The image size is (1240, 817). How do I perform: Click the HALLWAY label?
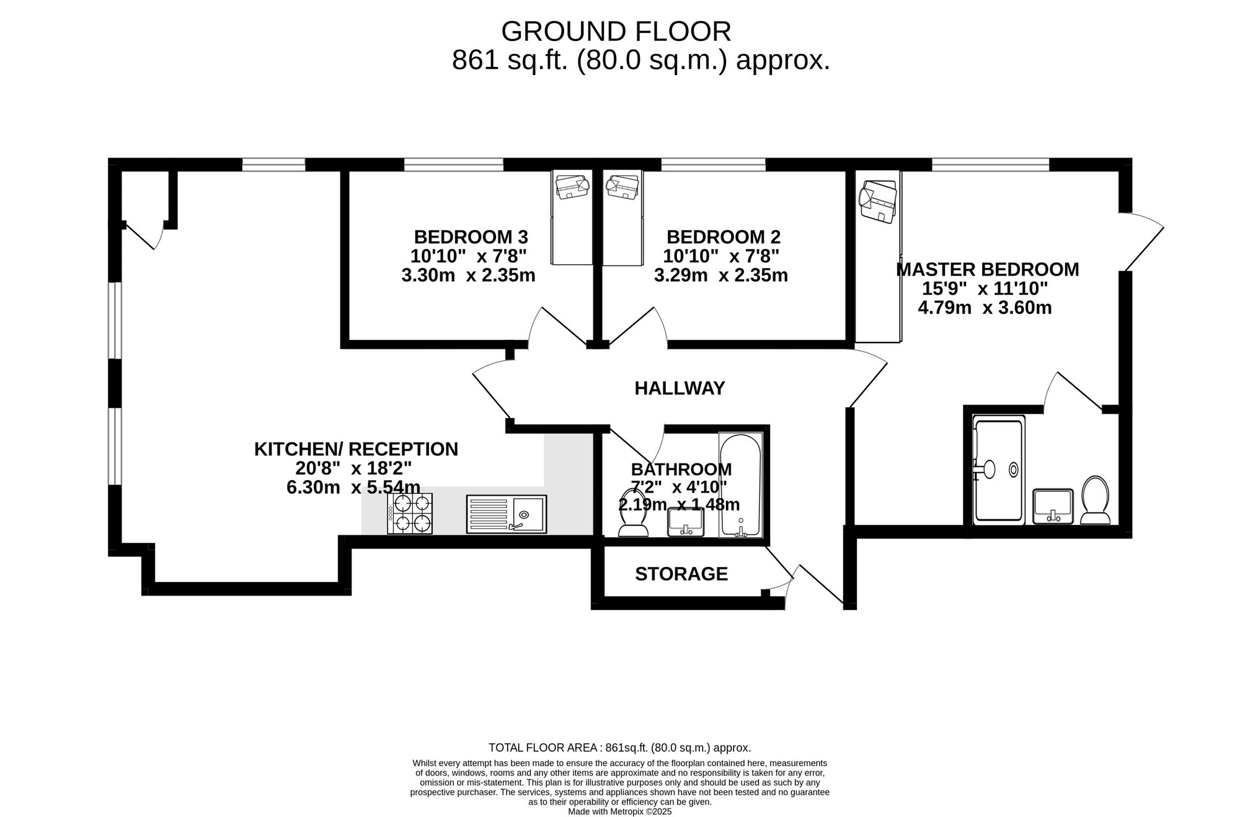[x=680, y=388]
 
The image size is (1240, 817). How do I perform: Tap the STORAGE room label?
[x=681, y=574]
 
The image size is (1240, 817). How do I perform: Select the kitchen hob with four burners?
[x=410, y=514]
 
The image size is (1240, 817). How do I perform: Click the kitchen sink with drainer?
[x=507, y=514]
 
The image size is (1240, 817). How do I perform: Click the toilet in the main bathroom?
[x=634, y=512]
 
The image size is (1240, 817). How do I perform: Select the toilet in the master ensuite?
[x=1096, y=500]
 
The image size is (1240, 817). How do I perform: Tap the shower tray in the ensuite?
[x=998, y=470]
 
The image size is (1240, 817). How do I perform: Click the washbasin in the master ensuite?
[x=1053, y=506]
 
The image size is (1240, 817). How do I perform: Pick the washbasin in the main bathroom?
[x=685, y=522]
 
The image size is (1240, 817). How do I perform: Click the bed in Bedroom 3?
[x=572, y=218]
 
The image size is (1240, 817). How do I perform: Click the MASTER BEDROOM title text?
[x=988, y=269]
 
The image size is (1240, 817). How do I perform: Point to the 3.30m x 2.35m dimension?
[x=468, y=275]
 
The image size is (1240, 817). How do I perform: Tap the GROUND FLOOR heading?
[x=616, y=31]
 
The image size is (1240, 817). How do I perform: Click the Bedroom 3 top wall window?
[x=454, y=164]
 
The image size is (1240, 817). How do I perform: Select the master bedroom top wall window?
[x=991, y=164]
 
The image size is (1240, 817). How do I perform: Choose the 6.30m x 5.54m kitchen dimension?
[x=353, y=488]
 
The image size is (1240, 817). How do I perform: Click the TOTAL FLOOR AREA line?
[x=620, y=748]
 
